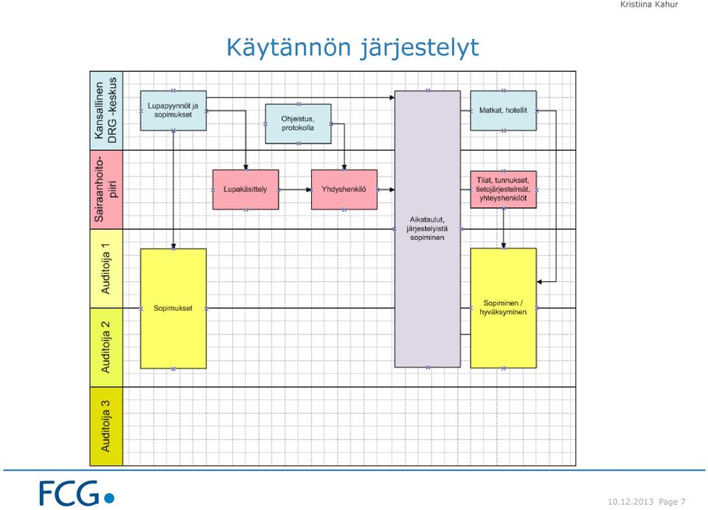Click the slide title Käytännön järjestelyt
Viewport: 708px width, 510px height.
(353, 48)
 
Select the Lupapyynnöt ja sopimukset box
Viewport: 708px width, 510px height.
(173, 111)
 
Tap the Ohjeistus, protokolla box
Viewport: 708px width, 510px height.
(298, 124)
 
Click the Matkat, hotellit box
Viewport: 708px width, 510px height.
(504, 111)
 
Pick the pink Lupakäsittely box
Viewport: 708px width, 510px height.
(246, 190)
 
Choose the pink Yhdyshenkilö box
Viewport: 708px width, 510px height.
(344, 190)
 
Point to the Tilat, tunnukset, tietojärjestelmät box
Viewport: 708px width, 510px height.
(504, 190)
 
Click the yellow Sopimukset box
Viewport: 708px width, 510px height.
(173, 309)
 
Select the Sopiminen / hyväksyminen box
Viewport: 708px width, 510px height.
(504, 308)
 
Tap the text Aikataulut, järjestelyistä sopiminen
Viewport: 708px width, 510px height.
(427, 229)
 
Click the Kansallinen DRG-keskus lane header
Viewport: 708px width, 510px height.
(106, 111)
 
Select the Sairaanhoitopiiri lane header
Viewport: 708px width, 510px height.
(106, 190)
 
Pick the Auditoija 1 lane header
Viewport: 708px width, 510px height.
(106, 269)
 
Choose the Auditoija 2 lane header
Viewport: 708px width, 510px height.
(106, 348)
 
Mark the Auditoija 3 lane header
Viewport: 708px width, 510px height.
(106, 427)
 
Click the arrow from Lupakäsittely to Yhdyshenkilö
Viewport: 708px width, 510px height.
(295, 190)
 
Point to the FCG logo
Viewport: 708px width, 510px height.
(77, 493)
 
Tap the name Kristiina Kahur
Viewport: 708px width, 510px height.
(649, 4)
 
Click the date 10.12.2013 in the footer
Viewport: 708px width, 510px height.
(631, 502)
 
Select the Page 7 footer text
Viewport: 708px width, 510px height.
(672, 502)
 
